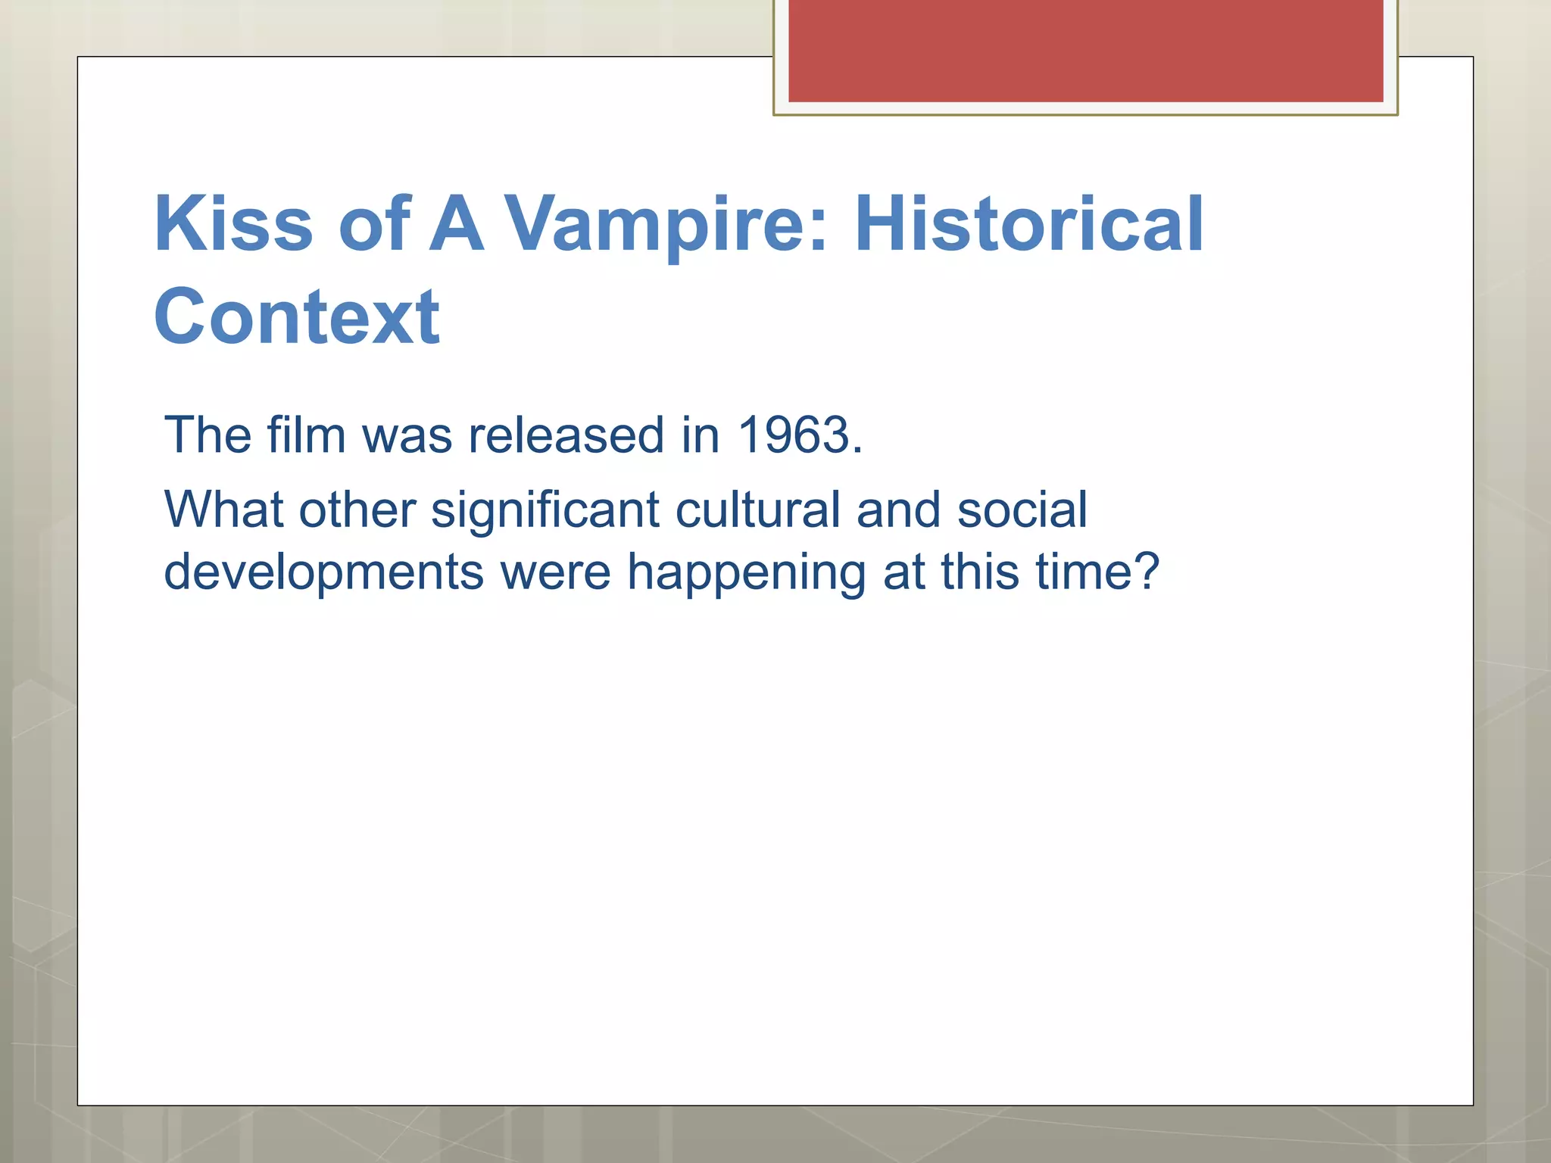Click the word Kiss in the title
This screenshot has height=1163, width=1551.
[233, 224]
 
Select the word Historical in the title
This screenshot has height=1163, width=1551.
[1028, 224]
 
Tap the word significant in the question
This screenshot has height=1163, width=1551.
[545, 510]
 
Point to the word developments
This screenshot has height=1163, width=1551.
[324, 572]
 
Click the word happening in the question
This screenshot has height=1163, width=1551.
[747, 573]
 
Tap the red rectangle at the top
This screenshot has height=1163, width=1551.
[1085, 51]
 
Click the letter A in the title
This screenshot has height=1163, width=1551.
[456, 224]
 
